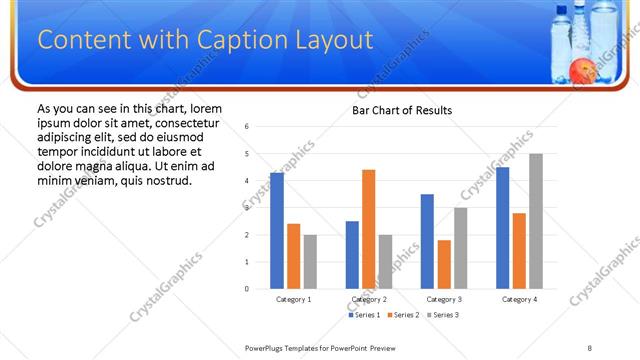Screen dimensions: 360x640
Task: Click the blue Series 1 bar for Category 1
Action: (x=277, y=231)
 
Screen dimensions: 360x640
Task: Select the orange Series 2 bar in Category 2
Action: (x=368, y=229)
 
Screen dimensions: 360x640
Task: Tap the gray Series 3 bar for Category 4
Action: (x=536, y=221)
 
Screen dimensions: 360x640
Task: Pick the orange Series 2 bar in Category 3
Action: (x=444, y=264)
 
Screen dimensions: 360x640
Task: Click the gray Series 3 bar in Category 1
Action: (x=310, y=262)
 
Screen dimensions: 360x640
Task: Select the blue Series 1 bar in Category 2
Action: (x=352, y=255)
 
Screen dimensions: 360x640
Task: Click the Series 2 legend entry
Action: (x=405, y=315)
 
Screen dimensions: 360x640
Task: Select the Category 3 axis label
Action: (x=444, y=299)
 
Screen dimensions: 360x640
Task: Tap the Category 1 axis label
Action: (x=293, y=299)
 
